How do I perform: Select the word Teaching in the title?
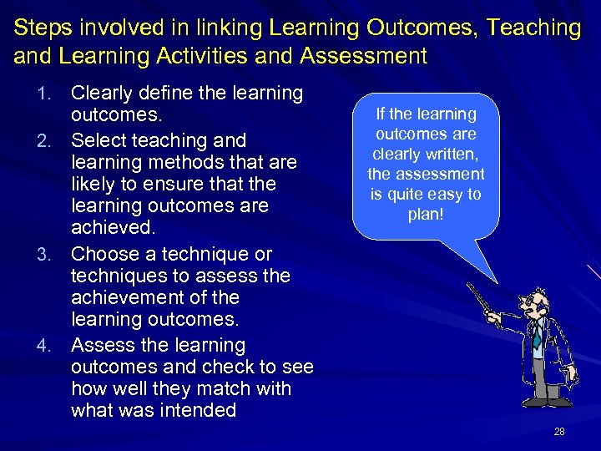[x=535, y=28]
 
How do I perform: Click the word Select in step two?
[x=98, y=140]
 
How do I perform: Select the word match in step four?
[x=225, y=388]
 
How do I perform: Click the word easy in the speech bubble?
[x=448, y=195]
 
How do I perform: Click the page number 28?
[x=558, y=431]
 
